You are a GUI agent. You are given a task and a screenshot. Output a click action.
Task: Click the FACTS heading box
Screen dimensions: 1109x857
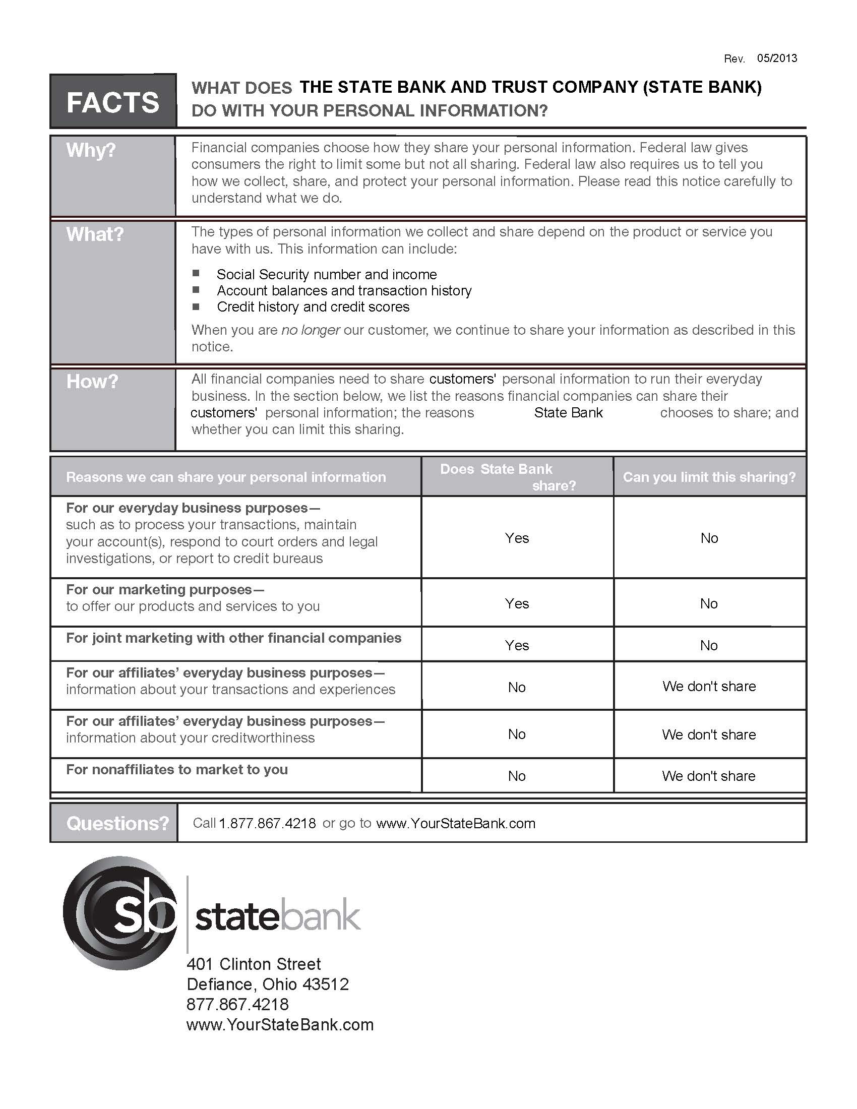coord(113,101)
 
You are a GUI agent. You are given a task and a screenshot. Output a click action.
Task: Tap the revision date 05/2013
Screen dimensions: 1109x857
coord(777,58)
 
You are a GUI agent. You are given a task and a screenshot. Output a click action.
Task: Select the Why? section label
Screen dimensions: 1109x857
coord(91,150)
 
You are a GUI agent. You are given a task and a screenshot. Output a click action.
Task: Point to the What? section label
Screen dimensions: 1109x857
coord(95,234)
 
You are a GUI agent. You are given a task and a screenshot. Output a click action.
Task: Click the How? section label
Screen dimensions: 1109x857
coord(92,382)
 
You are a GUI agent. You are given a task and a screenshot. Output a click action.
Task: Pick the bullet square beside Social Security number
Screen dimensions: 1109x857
coord(196,274)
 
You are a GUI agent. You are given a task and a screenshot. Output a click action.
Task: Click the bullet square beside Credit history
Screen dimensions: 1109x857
coord(196,306)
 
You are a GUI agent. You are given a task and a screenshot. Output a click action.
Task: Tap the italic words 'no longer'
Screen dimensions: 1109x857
coord(310,330)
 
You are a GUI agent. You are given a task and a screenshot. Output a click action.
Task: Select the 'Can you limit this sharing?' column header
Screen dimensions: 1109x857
coord(709,477)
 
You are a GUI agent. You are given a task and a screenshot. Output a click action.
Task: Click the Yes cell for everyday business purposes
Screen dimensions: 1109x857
coord(517,538)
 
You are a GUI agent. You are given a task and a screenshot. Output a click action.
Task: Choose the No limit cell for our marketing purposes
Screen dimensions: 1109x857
coord(709,603)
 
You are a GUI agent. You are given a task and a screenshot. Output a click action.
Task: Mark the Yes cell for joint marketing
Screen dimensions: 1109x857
coord(517,645)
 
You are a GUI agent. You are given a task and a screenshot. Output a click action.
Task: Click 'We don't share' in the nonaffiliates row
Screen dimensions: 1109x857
coord(709,776)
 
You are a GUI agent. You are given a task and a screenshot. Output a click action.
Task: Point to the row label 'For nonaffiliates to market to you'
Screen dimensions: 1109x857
coord(176,769)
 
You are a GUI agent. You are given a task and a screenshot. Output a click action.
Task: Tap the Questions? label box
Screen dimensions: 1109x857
coord(117,823)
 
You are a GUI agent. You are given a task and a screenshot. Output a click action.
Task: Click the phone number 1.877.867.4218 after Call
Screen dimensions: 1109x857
coord(267,823)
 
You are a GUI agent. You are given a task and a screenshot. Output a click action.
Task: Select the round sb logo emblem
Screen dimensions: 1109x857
coord(120,913)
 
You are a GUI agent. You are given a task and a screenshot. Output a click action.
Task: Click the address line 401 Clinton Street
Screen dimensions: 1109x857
coord(254,964)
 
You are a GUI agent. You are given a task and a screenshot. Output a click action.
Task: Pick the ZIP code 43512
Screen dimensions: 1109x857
coord(326,984)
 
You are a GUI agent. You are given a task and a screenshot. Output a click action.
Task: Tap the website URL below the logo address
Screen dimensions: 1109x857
coord(280,1024)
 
